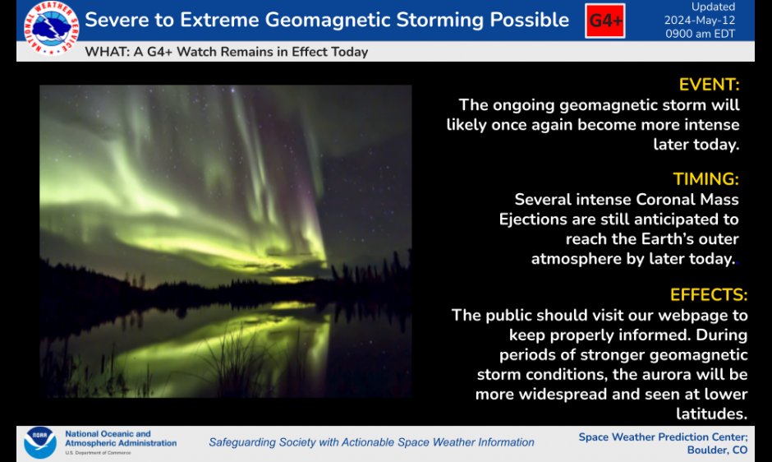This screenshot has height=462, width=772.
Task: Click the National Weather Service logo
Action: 51,28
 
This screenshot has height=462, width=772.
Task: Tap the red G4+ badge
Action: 605,21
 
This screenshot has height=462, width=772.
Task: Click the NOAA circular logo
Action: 40,442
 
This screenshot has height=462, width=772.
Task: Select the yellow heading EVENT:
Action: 709,85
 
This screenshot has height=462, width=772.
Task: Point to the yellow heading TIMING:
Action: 706,179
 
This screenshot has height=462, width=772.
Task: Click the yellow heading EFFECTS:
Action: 709,295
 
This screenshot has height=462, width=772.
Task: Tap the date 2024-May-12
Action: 700,21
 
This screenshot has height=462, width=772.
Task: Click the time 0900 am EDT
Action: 700,34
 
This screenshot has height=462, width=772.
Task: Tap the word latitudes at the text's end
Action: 711,413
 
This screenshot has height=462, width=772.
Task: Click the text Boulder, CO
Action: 717,450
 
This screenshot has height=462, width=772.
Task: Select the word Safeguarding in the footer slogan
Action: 242,443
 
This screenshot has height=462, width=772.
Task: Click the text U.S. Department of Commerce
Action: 98,453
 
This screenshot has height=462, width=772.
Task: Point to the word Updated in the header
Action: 714,7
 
